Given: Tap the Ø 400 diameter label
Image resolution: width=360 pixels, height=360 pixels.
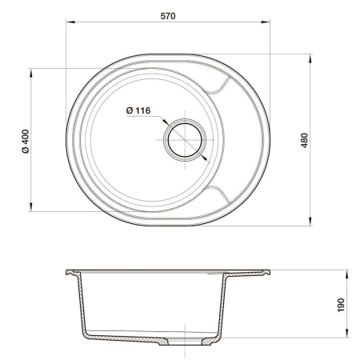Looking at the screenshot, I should [25, 141].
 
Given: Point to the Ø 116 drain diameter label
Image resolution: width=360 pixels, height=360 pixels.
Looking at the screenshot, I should [138, 111].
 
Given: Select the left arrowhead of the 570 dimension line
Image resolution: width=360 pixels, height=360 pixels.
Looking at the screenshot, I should [66, 23].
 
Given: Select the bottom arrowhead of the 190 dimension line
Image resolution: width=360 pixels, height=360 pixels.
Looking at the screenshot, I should [346, 339].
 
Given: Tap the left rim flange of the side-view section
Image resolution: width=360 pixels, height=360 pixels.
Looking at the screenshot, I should [74, 272].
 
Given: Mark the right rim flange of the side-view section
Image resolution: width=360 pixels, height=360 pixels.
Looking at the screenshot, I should [252, 272].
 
